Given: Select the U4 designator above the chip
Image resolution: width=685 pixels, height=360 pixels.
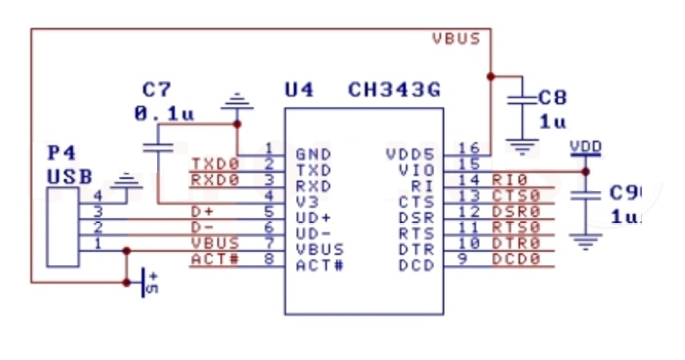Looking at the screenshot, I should [x=300, y=90].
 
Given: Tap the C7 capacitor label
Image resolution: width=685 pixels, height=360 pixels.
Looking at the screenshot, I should [x=156, y=90].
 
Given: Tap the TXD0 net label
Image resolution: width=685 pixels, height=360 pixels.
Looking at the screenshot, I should [x=215, y=164].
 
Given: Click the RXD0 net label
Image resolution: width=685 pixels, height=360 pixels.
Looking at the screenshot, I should [x=215, y=180].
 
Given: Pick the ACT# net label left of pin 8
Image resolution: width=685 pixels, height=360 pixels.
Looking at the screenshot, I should [x=215, y=259].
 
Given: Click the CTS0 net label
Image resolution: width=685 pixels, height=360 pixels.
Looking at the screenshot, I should [x=516, y=196].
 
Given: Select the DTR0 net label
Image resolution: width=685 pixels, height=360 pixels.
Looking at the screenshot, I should [x=516, y=243].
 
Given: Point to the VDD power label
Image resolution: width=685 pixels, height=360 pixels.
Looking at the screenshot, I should [x=585, y=146].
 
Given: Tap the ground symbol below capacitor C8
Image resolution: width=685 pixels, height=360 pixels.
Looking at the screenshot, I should [x=522, y=143].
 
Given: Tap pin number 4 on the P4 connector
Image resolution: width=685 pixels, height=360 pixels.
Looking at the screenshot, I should [x=98, y=195].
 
